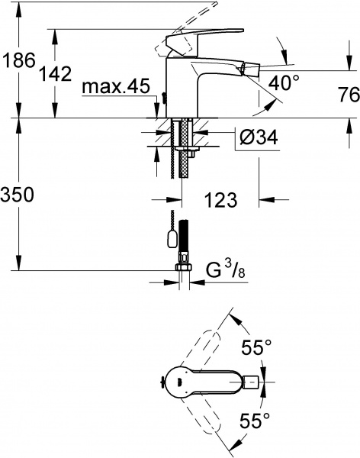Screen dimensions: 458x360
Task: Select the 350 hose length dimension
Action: (x=17, y=195)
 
